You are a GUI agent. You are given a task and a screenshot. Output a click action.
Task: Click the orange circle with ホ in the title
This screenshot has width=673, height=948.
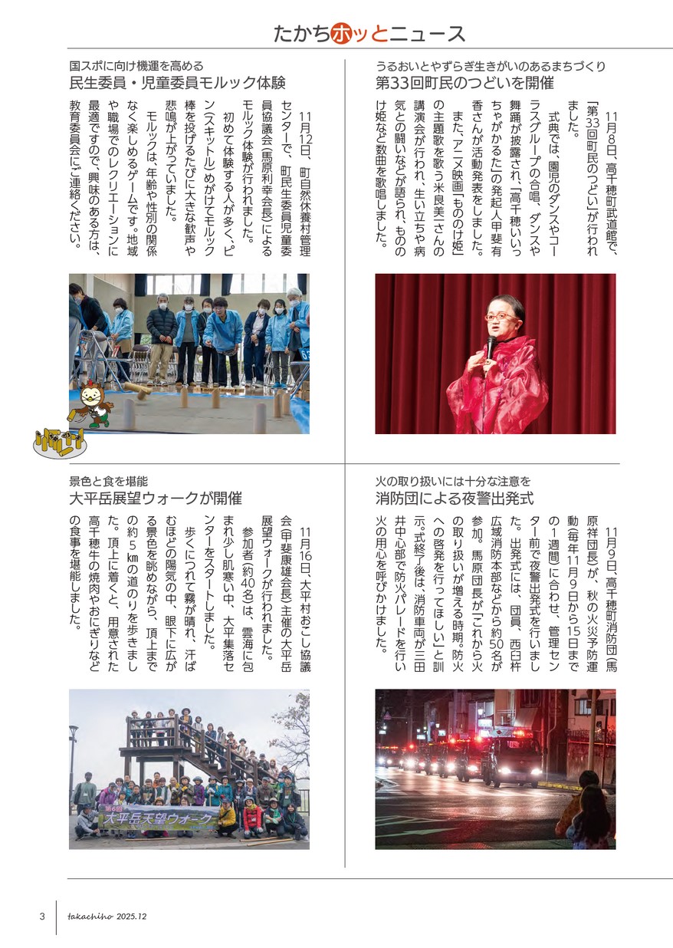pos(343,34)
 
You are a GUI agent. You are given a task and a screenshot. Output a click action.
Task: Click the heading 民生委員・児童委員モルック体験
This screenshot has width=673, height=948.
pos(177,84)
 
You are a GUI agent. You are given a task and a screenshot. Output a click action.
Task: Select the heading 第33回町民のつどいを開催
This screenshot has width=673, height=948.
pos(465,84)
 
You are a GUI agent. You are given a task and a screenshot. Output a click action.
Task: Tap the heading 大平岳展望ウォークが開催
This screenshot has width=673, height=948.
pos(156,499)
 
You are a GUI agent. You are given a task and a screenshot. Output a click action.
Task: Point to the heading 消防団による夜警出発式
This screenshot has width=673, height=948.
pos(455,499)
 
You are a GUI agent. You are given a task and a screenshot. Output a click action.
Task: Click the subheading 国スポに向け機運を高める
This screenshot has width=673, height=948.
pos(136,66)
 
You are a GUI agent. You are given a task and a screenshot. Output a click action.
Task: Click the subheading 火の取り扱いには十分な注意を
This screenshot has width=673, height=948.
pos(453,482)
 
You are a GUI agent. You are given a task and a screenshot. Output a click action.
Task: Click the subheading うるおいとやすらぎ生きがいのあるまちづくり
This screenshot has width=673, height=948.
pos(491,66)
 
